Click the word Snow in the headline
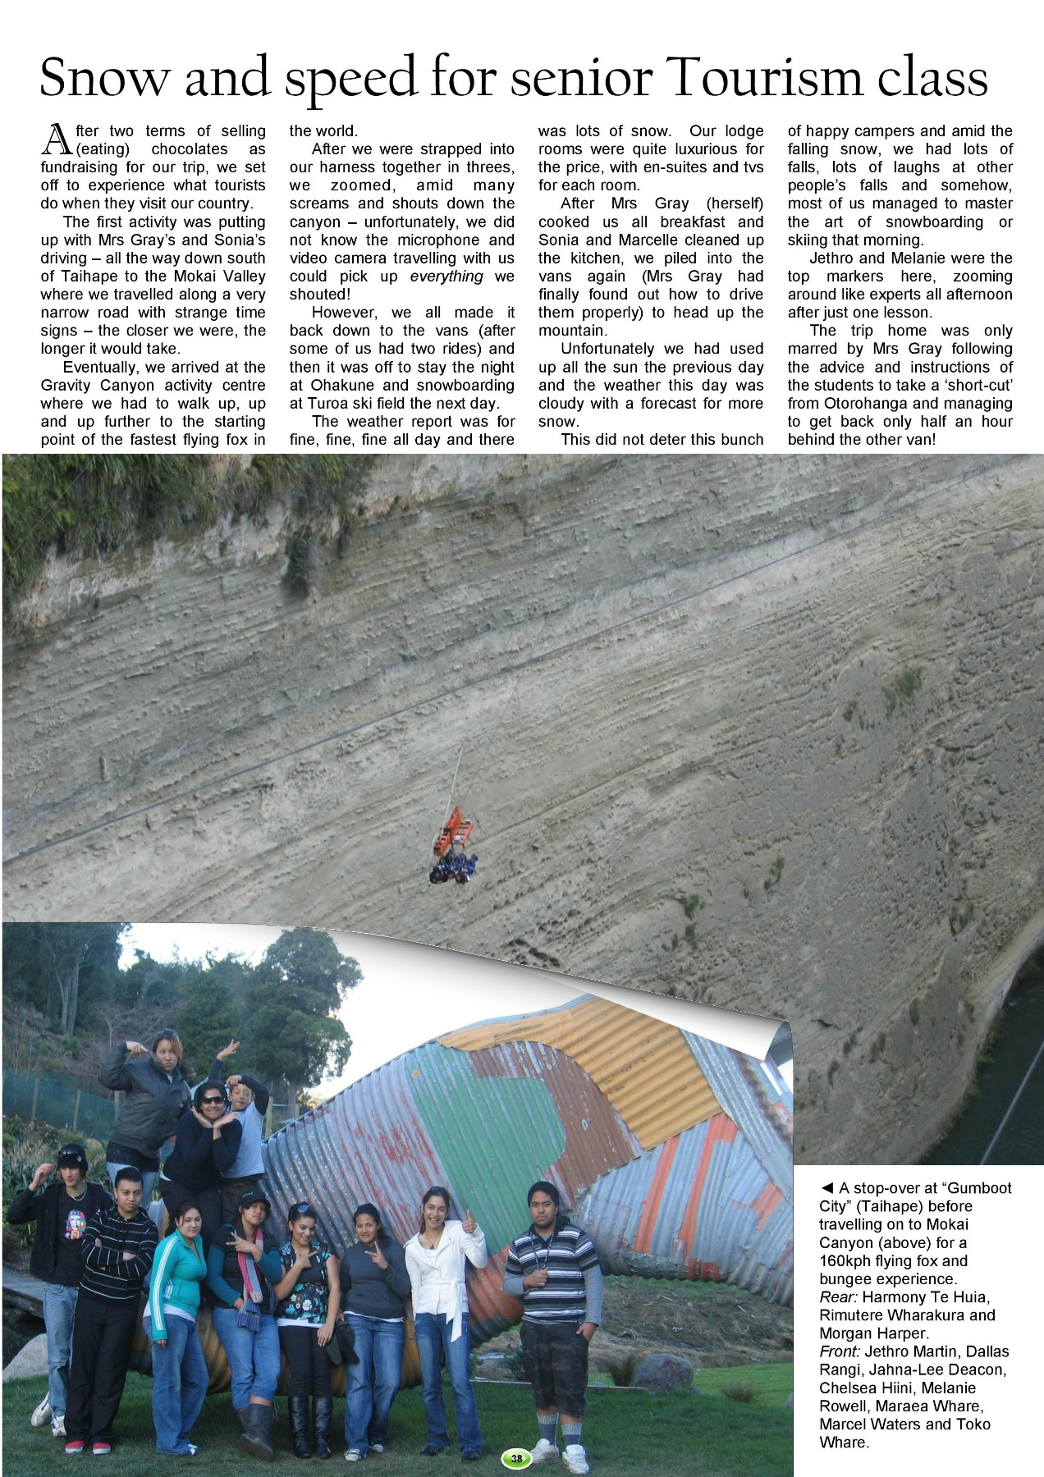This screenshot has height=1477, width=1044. click(104, 77)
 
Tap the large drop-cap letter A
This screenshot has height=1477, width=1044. click(57, 139)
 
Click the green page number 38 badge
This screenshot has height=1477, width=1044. click(516, 1458)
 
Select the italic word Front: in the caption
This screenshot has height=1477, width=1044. click(840, 1351)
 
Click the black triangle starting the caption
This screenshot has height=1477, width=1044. click(827, 1188)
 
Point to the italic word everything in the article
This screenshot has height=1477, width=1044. click(446, 277)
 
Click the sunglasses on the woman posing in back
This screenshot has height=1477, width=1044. click(212, 1099)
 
